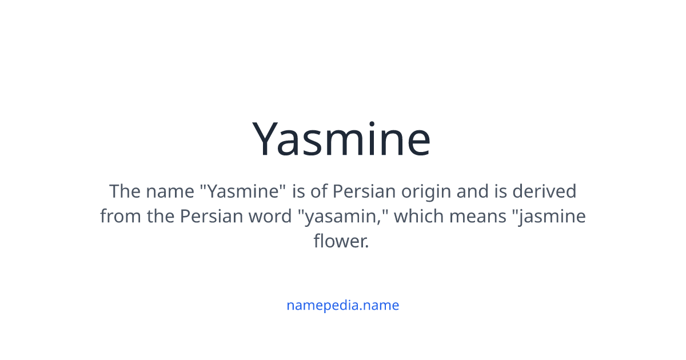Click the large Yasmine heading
pyautogui.click(x=342, y=139)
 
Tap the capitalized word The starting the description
pyautogui.click(x=125, y=191)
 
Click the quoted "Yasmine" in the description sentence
pyautogui.click(x=242, y=191)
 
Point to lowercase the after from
pyautogui.click(x=158, y=217)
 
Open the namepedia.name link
pyautogui.click(x=342, y=305)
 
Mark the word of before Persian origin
pyautogui.click(x=319, y=191)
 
